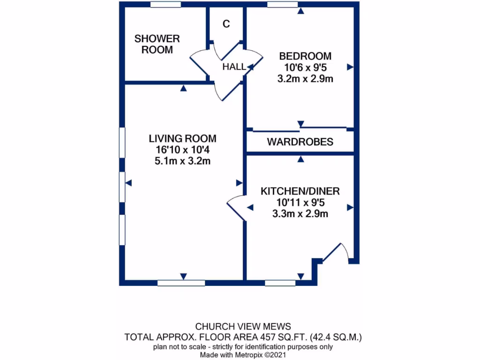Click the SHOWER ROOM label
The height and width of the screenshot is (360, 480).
(x=157, y=44)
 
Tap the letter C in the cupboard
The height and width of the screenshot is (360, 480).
(x=226, y=24)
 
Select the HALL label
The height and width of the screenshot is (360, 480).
(x=233, y=67)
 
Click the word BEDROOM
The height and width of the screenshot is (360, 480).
(x=305, y=56)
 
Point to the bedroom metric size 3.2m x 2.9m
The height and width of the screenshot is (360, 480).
(x=305, y=79)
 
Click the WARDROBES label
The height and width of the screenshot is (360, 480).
(x=300, y=142)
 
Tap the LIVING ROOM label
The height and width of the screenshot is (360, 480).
(x=182, y=138)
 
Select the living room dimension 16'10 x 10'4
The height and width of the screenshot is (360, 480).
(x=182, y=150)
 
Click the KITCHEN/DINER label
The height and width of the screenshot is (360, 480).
(x=300, y=191)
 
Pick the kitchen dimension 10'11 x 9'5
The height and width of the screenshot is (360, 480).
(x=300, y=203)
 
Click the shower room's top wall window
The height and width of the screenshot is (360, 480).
(x=165, y=4)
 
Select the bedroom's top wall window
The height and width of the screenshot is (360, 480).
(x=282, y=4)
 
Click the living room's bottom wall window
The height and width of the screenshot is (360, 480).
(x=181, y=283)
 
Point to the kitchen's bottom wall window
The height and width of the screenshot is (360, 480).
(x=280, y=283)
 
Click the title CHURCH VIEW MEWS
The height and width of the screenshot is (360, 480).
(x=243, y=326)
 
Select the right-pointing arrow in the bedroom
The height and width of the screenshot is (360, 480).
(x=350, y=67)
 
